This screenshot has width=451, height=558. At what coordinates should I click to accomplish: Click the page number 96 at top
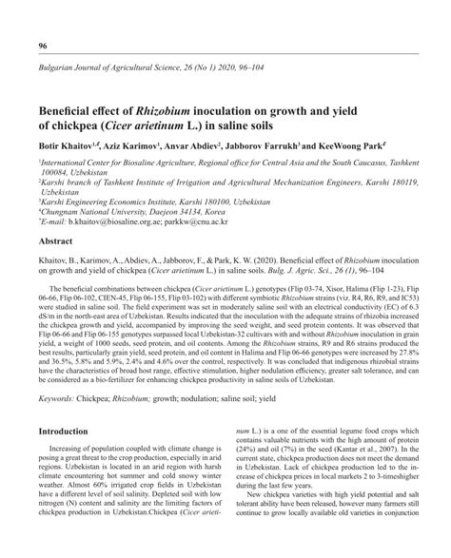43,46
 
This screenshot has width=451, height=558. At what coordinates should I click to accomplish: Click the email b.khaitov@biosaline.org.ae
139,223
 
